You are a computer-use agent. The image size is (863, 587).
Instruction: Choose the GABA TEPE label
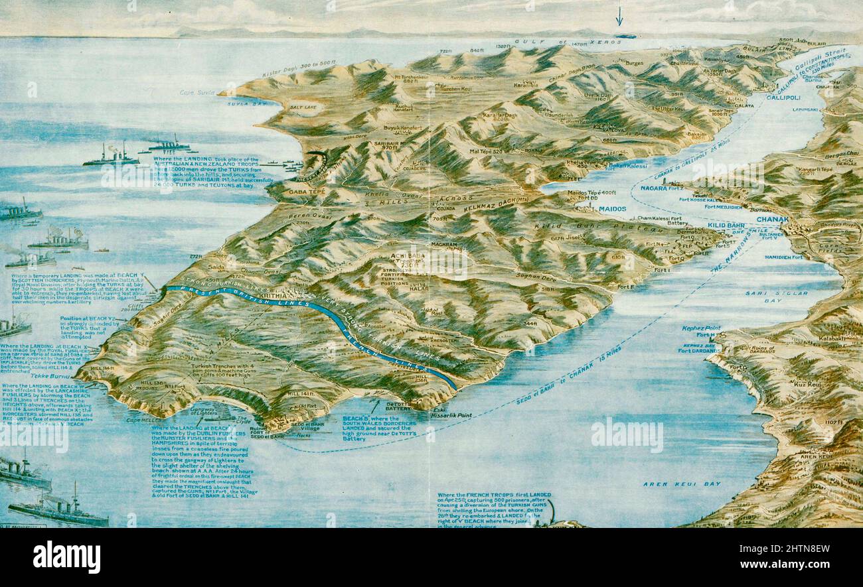pos(305,192)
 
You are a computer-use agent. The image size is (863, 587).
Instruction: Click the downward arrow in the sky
pos(619,16)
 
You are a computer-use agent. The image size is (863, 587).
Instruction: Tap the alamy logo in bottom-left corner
pos(66,556)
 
